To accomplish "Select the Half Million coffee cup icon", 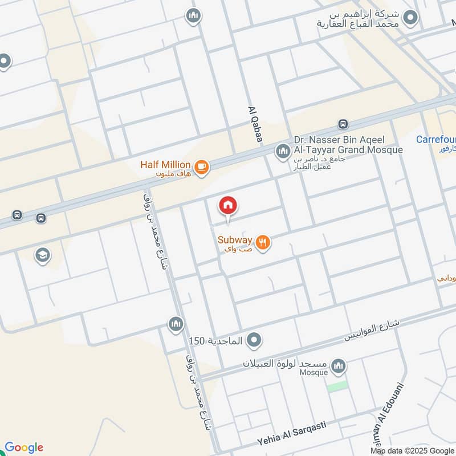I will tap(201, 167).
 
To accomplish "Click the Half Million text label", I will tap(166, 165).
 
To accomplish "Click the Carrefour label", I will tap(435, 140).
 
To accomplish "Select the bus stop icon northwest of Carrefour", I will tap(343, 124).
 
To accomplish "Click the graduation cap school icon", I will tap(42, 255).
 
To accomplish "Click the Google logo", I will tap(24, 447).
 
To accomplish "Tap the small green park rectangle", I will tap(337, 386).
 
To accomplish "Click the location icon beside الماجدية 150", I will tap(254, 341).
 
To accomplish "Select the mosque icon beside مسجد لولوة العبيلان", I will tap(339, 366).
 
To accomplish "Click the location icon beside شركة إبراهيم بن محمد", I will tap(409, 18).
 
